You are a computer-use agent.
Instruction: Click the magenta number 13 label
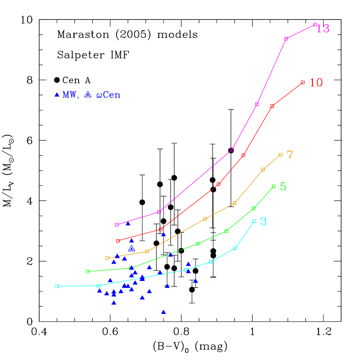323,28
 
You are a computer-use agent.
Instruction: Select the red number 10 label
316,83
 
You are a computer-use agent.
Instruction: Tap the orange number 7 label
290,155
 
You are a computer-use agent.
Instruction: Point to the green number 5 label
283,187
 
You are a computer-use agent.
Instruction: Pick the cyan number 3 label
263,221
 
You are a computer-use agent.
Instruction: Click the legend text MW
70,95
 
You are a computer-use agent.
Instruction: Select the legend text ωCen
108,95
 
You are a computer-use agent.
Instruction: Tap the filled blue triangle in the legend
57,94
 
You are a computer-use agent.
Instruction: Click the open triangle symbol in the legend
88,94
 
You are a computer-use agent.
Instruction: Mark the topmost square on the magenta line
315,24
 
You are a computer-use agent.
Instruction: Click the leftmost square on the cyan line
57,286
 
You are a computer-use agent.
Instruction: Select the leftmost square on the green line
88,271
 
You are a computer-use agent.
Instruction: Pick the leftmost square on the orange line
107,258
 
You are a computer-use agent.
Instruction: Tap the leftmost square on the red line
118,241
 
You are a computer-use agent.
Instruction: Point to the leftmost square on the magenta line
117,224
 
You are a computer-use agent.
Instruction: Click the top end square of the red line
303,82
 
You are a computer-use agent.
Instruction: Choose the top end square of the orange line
281,154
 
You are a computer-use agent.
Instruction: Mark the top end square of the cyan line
254,221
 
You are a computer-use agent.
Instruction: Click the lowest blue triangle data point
164,312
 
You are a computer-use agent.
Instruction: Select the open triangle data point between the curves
131,248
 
